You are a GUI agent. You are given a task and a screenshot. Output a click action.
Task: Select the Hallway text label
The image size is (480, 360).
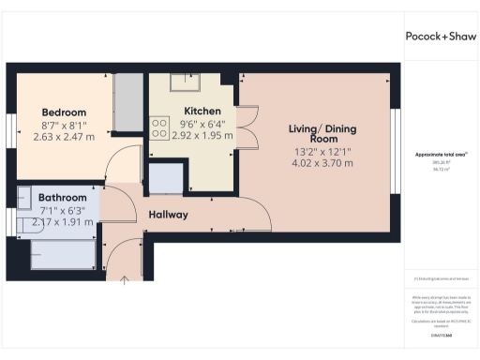(x=169, y=215)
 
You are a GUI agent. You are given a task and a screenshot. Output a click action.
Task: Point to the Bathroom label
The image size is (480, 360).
(x=62, y=198)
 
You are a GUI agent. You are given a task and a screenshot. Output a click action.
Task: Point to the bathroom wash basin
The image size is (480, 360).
(x=25, y=198)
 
